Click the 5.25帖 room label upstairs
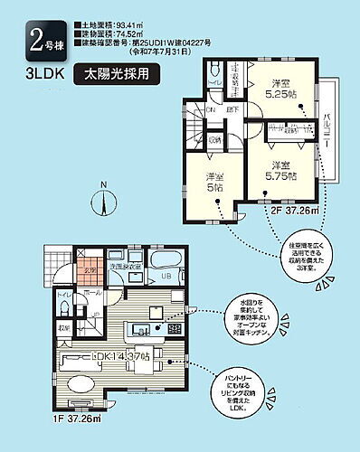pos(275,85)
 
